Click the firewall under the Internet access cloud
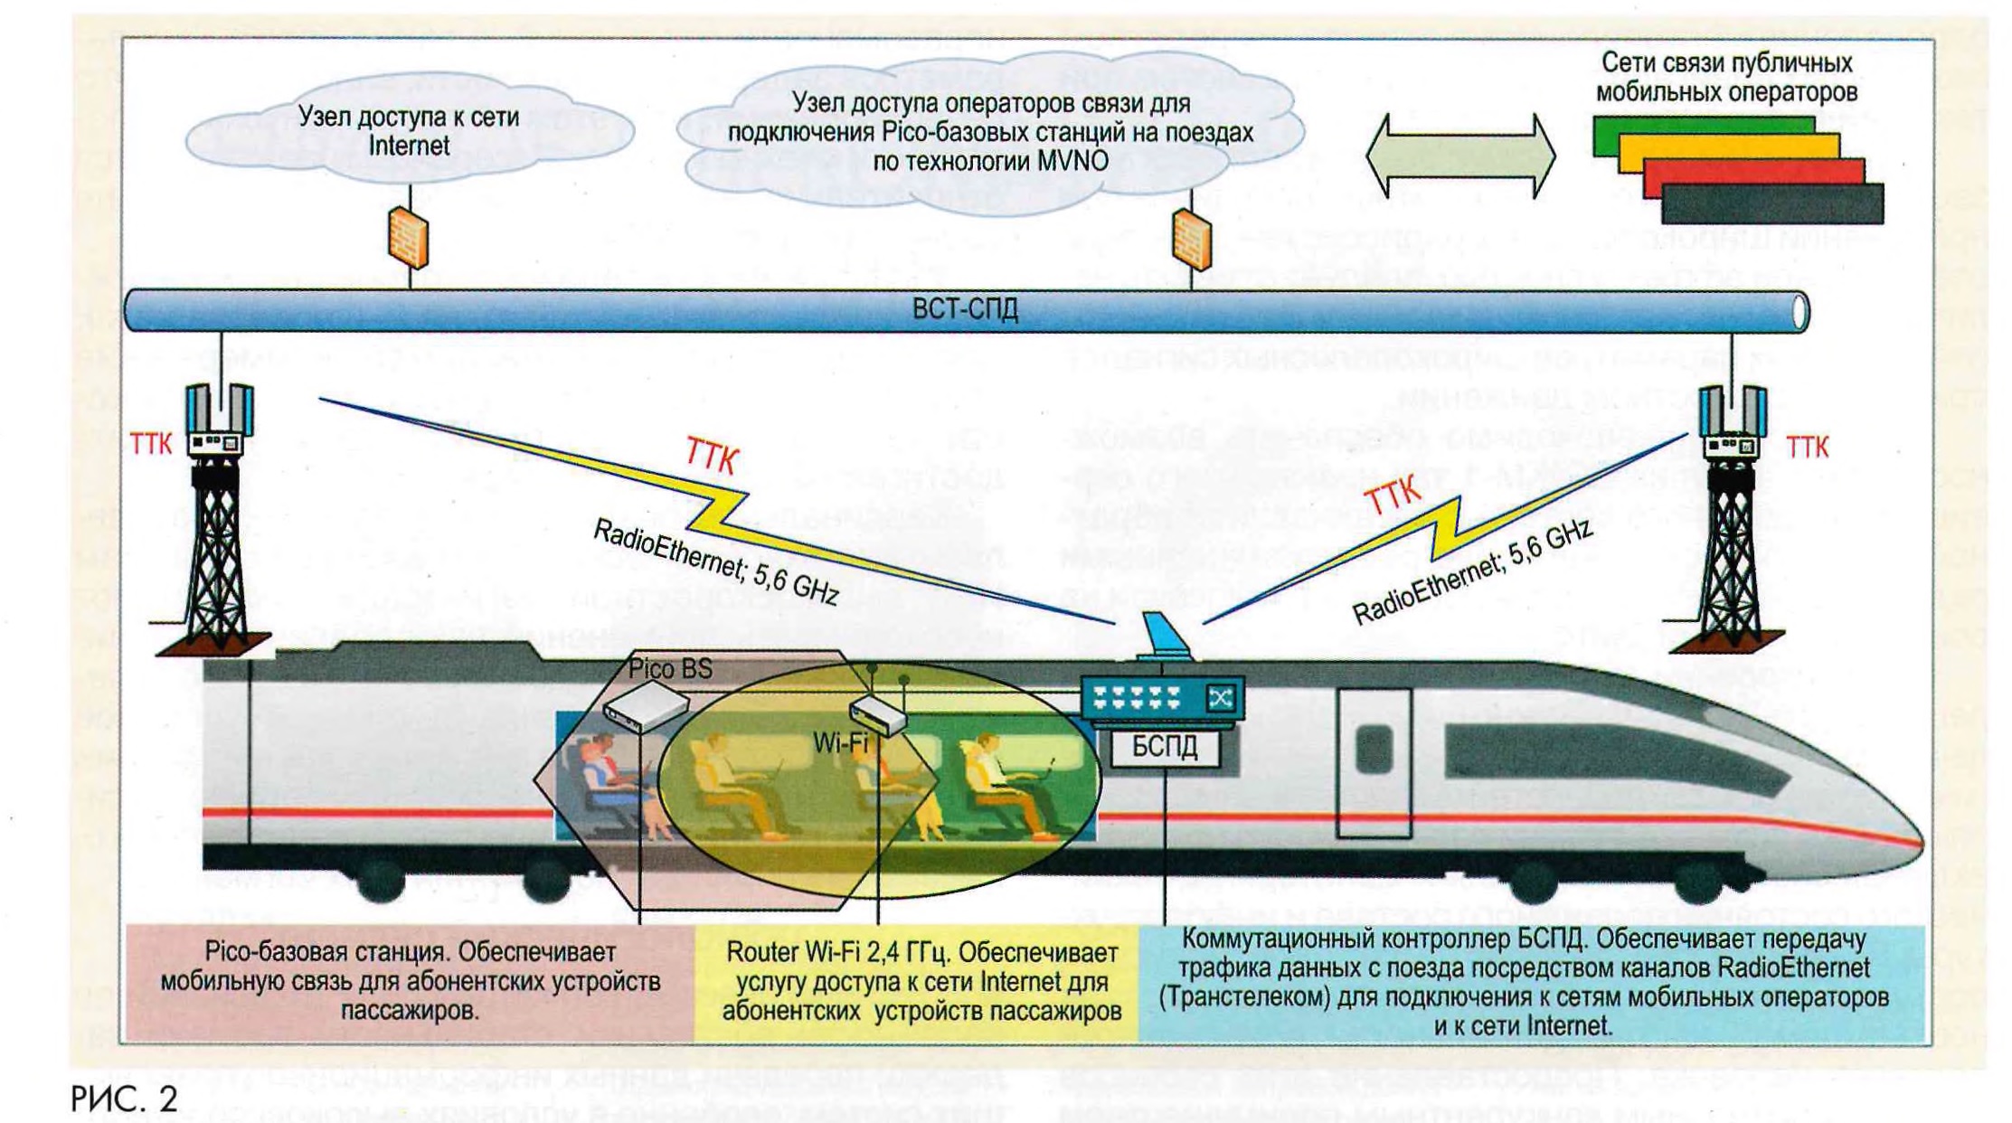click(408, 237)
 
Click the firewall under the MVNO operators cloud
click(1191, 239)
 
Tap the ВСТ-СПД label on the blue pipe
click(964, 310)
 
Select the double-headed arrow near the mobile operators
click(1459, 156)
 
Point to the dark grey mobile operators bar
click(1772, 204)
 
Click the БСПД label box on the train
click(1164, 747)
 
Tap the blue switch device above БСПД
click(1162, 698)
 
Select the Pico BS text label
click(670, 669)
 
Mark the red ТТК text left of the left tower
click(151, 444)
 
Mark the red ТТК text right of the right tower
click(1807, 447)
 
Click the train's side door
click(1374, 761)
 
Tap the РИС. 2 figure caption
click(124, 1099)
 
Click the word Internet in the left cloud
click(409, 146)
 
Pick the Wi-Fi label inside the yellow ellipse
click(840, 743)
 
